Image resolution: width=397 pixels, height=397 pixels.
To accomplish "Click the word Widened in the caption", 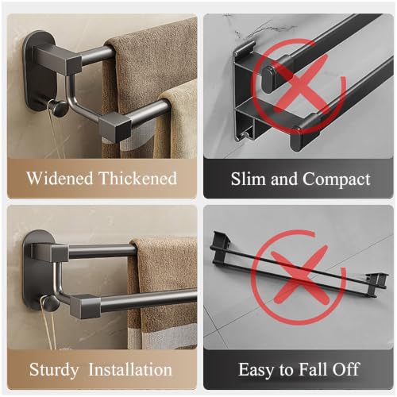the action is pyautogui.click(x=60, y=178).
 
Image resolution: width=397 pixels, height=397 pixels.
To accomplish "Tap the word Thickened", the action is pyautogui.click(x=137, y=178).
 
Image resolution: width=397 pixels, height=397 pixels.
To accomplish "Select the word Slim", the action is pyautogui.click(x=249, y=179).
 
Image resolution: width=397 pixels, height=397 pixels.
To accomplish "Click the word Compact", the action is pyautogui.click(x=337, y=180).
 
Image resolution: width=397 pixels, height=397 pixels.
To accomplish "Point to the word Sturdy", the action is pyautogui.click(x=54, y=370).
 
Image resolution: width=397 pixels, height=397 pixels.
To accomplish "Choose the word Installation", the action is pyautogui.click(x=130, y=369).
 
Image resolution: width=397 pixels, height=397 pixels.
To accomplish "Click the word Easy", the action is pyautogui.click(x=256, y=370).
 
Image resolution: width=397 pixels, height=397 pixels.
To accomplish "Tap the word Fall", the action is pyautogui.click(x=312, y=369).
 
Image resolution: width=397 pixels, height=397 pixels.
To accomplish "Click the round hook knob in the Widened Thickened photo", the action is pyautogui.click(x=58, y=107).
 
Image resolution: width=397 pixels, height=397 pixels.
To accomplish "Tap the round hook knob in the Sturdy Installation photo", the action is pyautogui.click(x=49, y=303).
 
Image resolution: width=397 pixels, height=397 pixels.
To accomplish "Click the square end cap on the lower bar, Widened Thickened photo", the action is pyautogui.click(x=115, y=127).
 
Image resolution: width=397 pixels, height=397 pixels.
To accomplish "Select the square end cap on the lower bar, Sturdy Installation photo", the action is pyautogui.click(x=85, y=306).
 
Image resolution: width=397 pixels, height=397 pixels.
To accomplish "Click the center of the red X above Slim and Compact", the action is pyautogui.click(x=299, y=85).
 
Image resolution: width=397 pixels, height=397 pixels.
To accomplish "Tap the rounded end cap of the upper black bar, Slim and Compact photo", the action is pyautogui.click(x=270, y=79).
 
